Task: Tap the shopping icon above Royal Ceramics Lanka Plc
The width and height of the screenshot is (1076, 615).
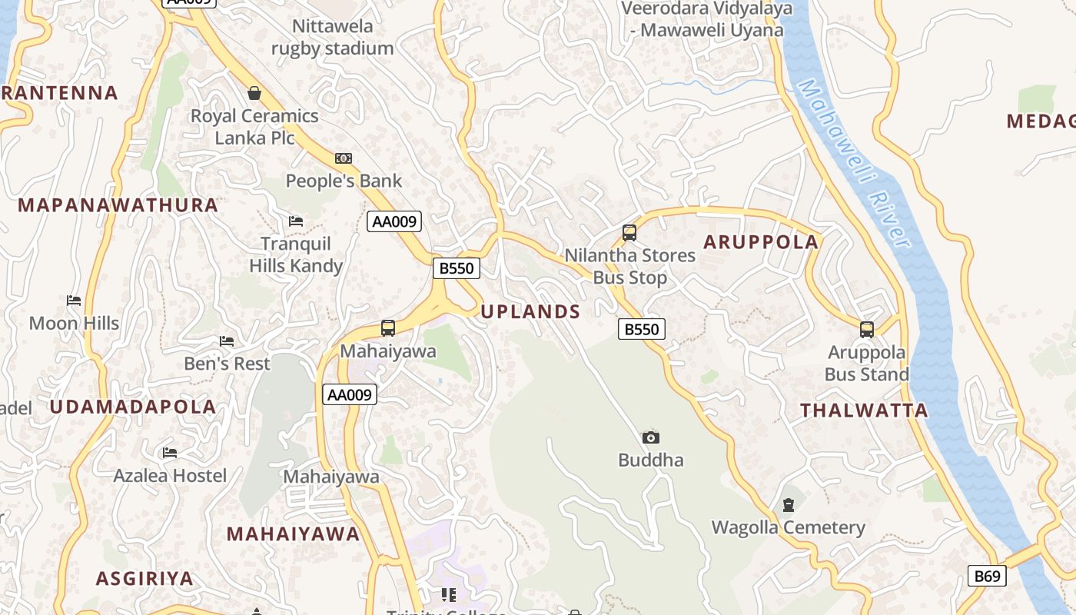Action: pos(254,93)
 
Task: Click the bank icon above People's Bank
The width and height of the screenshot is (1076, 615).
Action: pos(344,158)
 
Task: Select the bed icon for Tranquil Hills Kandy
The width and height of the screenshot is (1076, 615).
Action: pos(296,221)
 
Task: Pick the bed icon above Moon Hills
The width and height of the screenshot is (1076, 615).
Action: pos(74,300)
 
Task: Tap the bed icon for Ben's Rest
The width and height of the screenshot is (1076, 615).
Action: pos(227,341)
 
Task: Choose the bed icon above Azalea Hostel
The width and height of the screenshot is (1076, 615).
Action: pos(170,453)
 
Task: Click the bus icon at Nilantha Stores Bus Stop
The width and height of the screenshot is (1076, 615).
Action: pos(629,232)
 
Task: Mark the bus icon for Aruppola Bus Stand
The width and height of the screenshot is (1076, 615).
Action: pos(867,330)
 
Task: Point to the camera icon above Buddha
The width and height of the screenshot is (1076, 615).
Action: pos(651,437)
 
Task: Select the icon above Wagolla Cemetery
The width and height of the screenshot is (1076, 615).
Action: pos(788,505)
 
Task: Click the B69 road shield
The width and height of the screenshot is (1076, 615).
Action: pos(987,576)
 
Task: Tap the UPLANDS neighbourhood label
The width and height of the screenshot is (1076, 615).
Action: pos(530,311)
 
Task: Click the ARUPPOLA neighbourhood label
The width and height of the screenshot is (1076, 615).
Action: pos(761,242)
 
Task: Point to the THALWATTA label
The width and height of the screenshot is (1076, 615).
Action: pos(864,411)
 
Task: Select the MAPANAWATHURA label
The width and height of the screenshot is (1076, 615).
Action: pos(118,205)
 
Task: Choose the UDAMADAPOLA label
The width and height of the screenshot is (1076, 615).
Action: pos(133,407)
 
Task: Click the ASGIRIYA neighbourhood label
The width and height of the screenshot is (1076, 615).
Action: pos(144,579)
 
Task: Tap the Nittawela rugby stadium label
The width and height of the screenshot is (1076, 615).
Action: pos(333,37)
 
